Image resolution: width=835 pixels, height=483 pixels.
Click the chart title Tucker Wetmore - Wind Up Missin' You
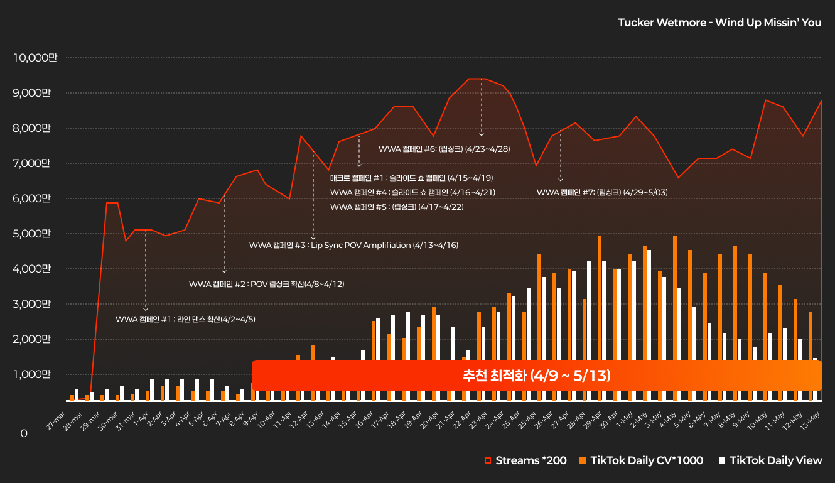coord(719,23)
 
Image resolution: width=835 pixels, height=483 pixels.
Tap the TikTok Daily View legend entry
coord(770,460)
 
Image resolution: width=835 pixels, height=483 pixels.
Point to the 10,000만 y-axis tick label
coord(35,58)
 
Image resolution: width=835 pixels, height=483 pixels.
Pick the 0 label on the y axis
coord(24,433)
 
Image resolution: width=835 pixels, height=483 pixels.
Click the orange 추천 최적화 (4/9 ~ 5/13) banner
coord(536,376)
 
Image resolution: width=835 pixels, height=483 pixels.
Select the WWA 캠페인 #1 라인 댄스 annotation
coord(185,319)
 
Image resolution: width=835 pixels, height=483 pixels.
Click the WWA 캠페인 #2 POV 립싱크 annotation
coord(266,284)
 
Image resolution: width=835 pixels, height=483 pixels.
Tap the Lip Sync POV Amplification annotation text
coord(353,245)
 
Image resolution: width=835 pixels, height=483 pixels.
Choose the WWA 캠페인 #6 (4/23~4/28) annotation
coord(444,149)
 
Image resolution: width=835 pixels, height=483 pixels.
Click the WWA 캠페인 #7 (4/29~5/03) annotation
coord(601,192)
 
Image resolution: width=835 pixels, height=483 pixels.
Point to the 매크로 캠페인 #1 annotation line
coord(411,178)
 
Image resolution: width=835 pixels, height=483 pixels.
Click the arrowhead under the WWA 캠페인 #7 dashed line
coord(561,180)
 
